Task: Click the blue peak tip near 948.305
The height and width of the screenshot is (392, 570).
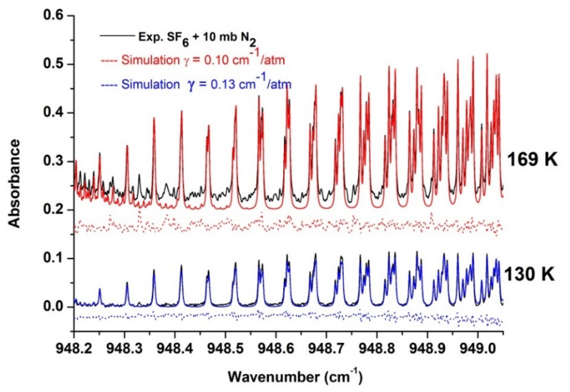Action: [127, 283]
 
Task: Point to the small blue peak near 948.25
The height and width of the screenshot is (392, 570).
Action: [100, 289]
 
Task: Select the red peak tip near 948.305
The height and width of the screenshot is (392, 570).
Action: [127, 146]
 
